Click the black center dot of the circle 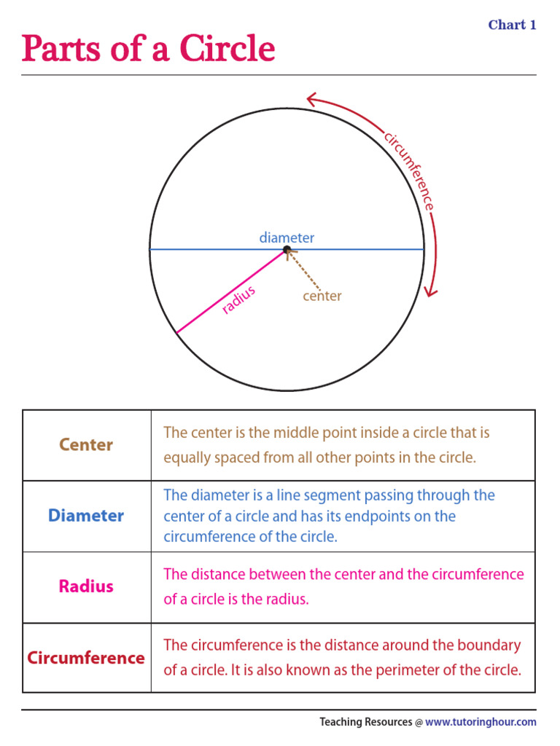287,249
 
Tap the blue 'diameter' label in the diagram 287,237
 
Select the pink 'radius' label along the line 239,300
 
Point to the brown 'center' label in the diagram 322,296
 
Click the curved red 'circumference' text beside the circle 410,171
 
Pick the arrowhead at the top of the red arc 311,98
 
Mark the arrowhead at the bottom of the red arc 431,291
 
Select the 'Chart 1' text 512,25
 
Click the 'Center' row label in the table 86,444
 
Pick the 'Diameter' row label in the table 86,516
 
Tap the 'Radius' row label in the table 86,586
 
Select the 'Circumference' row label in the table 86,658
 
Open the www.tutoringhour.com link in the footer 481,722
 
